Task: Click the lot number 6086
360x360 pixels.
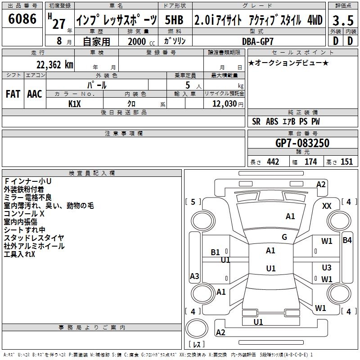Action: pyautogui.click(x=22, y=19)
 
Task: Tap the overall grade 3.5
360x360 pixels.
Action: pyautogui.click(x=343, y=21)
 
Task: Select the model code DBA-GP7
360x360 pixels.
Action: pyautogui.click(x=258, y=41)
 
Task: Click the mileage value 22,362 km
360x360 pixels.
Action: pyautogui.click(x=55, y=65)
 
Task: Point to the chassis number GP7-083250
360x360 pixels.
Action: pyautogui.click(x=302, y=143)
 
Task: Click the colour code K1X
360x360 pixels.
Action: pyautogui.click(x=75, y=104)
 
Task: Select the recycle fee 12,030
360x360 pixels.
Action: pyautogui.click(x=225, y=104)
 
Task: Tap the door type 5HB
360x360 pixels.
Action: pyautogui.click(x=174, y=20)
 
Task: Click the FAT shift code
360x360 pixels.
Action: pyautogui.click(x=13, y=94)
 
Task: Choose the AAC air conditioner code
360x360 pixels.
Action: pyautogui.click(x=35, y=94)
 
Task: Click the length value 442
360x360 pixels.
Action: pyautogui.click(x=273, y=162)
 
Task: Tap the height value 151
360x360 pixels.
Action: pyautogui.click(x=346, y=162)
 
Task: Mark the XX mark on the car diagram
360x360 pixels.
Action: pyautogui.click(x=327, y=206)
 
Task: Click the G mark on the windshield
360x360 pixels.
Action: pyautogui.click(x=284, y=237)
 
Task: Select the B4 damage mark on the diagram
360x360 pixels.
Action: pyautogui.click(x=347, y=240)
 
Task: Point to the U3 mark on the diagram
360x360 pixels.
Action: pyautogui.click(x=327, y=267)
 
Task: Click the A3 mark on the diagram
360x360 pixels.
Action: pyautogui.click(x=194, y=276)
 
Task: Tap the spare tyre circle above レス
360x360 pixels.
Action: pyautogui.click(x=197, y=329)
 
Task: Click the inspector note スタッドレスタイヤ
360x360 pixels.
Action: pyautogui.click(x=34, y=238)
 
